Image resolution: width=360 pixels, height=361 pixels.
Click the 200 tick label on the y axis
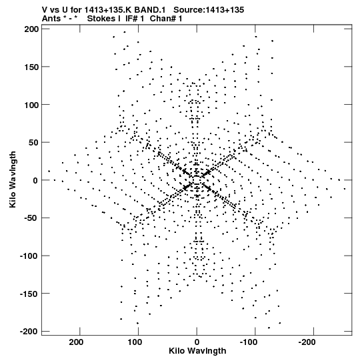click(31, 29)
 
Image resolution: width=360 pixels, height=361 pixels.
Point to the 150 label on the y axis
click(31, 67)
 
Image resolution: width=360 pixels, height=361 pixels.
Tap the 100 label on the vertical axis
click(31, 105)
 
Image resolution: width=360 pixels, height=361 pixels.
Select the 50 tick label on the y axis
click(33, 142)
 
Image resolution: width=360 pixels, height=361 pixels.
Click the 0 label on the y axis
click(35, 180)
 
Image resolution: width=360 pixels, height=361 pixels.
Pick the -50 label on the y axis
click(31, 218)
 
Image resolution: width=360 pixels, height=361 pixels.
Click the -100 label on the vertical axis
click(29, 256)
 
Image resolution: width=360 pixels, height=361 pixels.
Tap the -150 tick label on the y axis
click(29, 294)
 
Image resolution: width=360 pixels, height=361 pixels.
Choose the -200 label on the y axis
click(29, 332)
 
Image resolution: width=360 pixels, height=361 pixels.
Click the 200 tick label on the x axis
click(76, 342)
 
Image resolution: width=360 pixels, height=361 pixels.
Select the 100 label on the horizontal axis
click(135, 342)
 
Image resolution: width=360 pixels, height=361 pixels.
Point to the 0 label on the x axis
click(197, 342)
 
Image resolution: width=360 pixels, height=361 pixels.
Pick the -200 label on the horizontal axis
click(307, 342)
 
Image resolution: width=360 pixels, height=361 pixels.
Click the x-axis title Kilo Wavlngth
click(197, 351)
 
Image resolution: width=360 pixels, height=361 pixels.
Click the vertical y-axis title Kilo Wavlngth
click(13, 179)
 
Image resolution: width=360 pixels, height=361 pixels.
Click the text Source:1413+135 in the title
click(209, 10)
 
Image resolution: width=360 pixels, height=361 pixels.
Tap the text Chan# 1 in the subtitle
click(166, 19)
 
